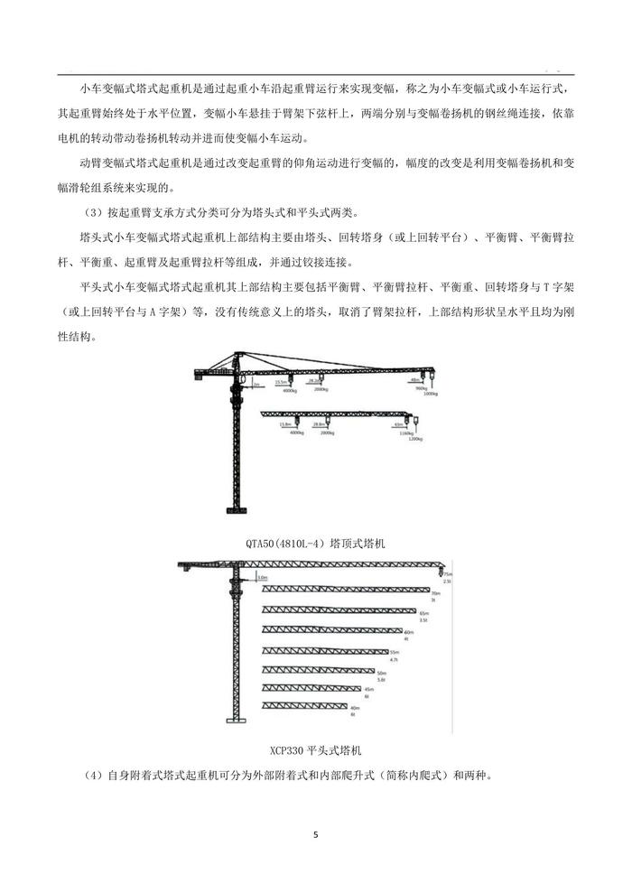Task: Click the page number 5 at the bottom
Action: [316, 834]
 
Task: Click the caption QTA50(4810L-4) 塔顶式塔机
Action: [315, 543]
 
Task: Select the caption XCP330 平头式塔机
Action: [315, 749]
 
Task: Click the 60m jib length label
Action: [408, 632]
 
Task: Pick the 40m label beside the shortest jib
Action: [354, 708]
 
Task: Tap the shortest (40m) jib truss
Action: [304, 706]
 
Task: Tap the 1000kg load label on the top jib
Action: [430, 394]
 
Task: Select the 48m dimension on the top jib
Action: [414, 380]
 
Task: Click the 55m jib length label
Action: [395, 651]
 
